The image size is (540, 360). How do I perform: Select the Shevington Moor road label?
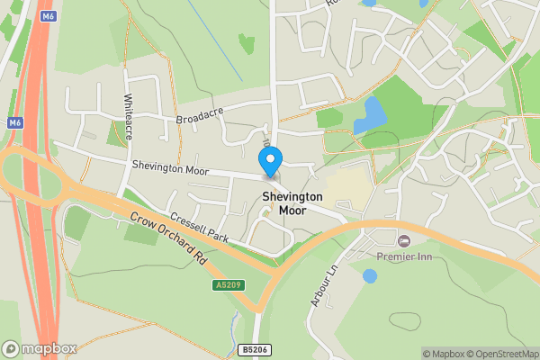[x=170, y=168]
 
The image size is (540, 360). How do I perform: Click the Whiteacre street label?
[x=129, y=116]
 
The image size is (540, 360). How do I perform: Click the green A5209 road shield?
[x=229, y=285]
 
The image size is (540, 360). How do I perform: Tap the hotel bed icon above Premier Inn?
[x=403, y=240]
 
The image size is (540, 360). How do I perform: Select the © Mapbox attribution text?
[x=445, y=354]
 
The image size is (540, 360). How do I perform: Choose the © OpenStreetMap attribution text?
[x=504, y=354]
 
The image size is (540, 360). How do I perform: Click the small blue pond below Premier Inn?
[x=370, y=276]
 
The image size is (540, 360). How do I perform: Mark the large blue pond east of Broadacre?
[x=369, y=114]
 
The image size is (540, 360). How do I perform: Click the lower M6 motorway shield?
[x=14, y=122]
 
